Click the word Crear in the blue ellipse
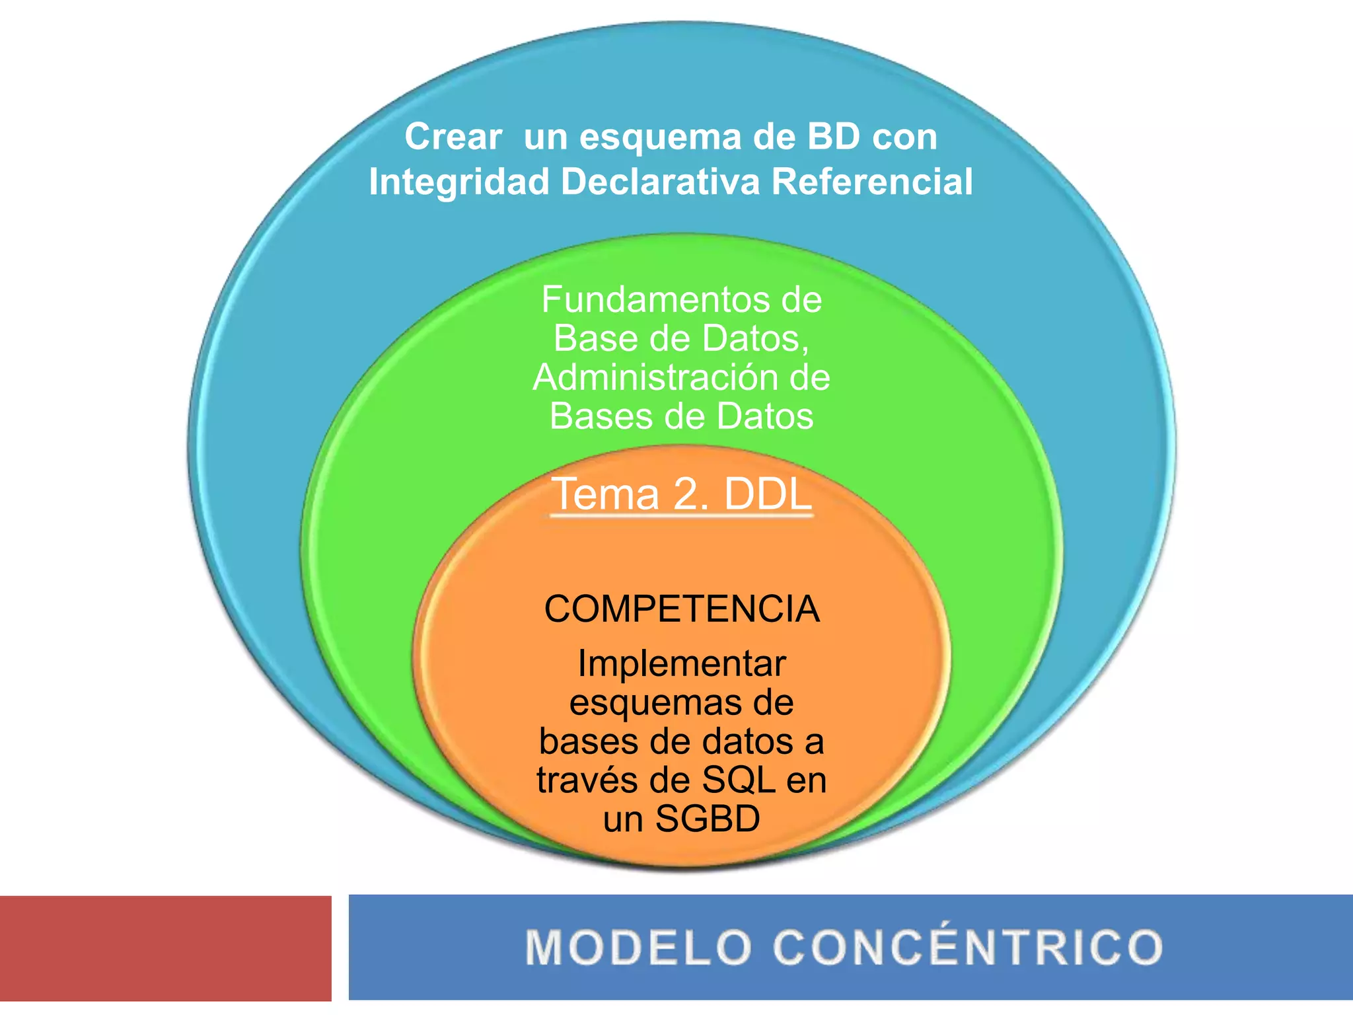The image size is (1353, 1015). tap(453, 137)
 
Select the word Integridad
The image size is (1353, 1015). tap(459, 182)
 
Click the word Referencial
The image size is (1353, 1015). tap(872, 182)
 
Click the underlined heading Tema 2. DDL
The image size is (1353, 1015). tap(681, 494)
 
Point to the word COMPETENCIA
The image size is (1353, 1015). tap(682, 609)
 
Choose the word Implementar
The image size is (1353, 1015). tap(682, 663)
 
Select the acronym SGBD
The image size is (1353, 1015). tap(708, 819)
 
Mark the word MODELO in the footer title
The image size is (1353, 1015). tap(638, 948)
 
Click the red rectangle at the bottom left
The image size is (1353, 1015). tap(165, 948)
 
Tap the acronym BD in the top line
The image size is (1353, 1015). tap(834, 137)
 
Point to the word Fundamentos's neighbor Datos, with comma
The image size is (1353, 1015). tap(755, 339)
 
